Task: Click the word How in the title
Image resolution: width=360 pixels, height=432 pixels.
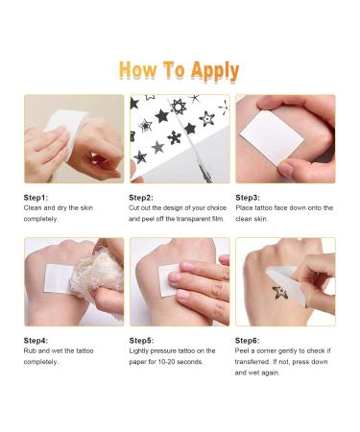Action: coord(140,70)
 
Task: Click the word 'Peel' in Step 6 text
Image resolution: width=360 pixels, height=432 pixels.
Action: coord(244,351)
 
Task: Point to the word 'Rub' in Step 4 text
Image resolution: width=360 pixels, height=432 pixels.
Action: coord(32,351)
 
